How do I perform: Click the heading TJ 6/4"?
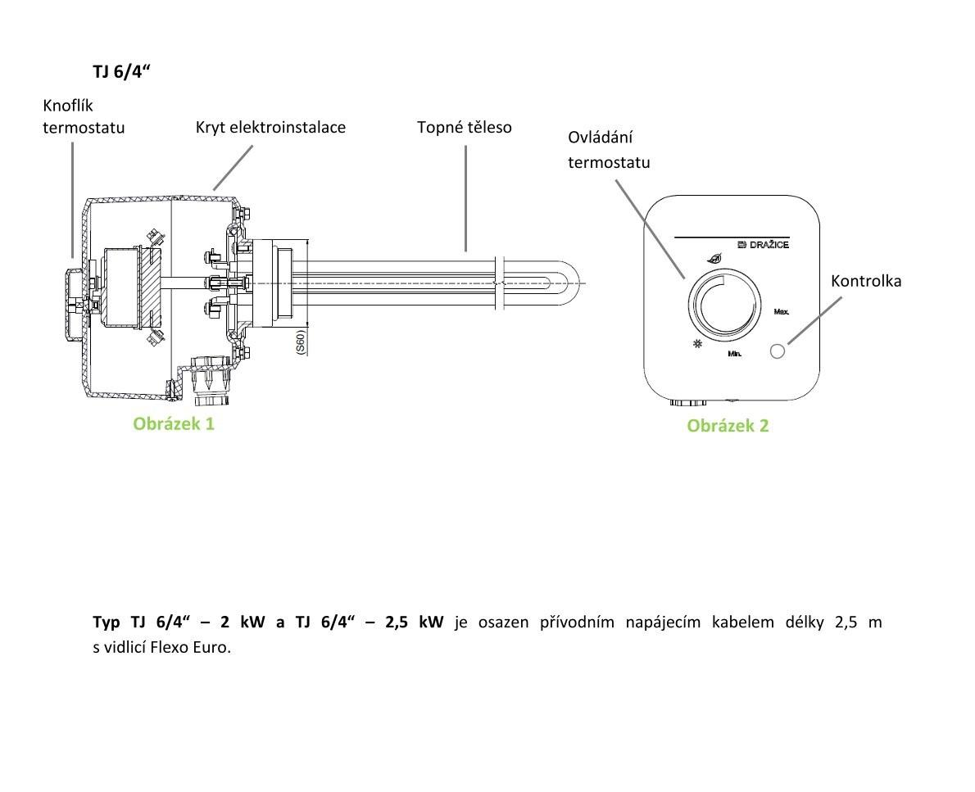coord(122,72)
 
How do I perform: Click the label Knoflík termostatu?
coord(84,117)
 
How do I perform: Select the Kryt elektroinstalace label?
coord(270,127)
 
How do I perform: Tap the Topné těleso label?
coord(464,127)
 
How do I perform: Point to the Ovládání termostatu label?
coord(609,149)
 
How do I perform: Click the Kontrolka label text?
coord(865,281)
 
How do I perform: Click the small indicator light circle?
coord(778,351)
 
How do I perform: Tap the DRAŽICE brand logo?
coord(763,245)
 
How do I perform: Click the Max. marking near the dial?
coord(781,312)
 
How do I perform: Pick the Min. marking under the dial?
coord(734,355)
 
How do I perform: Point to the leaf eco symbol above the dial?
coord(715,258)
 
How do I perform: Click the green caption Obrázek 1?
coord(174,423)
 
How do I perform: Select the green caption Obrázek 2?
coord(728,425)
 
